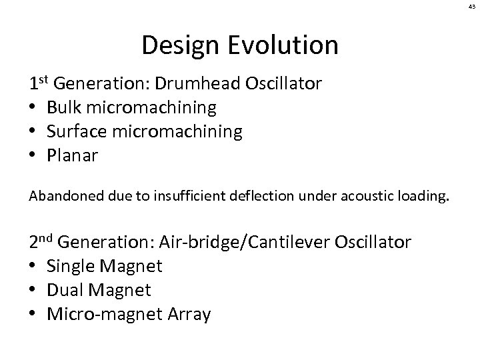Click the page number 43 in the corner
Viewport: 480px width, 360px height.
click(x=470, y=7)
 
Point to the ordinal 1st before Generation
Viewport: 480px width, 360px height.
click(x=39, y=83)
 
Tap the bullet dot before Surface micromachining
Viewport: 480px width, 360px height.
click(x=33, y=132)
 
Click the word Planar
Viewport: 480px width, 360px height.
click(x=73, y=155)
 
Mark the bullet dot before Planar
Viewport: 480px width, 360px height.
click(x=33, y=156)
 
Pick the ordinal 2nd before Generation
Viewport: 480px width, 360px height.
click(x=41, y=241)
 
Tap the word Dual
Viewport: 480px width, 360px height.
click(x=65, y=290)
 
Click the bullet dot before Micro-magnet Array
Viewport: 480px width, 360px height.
click(x=33, y=315)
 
